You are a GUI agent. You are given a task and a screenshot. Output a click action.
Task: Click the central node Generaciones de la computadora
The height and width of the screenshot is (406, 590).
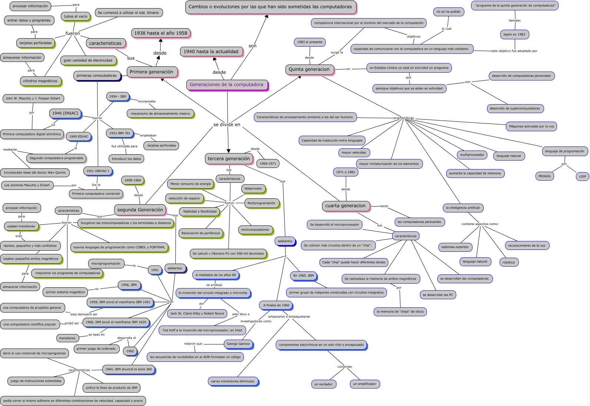[226, 85]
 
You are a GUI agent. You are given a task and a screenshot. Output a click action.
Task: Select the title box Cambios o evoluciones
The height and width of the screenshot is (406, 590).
[270, 7]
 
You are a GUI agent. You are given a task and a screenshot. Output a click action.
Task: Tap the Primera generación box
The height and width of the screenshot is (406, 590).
[151, 72]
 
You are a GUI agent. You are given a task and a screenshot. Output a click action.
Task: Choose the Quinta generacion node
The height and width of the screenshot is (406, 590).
[309, 69]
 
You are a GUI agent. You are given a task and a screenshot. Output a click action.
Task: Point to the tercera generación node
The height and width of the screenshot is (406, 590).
[229, 159]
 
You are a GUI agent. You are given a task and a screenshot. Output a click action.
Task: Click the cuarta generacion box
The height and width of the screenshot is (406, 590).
[345, 206]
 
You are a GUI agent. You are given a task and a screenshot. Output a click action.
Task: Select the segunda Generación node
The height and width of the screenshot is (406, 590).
[140, 210]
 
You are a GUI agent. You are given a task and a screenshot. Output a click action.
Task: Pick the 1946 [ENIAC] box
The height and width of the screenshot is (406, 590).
[65, 113]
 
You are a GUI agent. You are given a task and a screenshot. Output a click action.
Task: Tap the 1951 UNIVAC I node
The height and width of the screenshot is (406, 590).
[98, 171]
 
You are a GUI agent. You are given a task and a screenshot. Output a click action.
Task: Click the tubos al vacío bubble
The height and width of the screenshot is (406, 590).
[76, 16]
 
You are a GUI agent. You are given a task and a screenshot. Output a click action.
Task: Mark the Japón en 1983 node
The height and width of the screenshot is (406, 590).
[514, 34]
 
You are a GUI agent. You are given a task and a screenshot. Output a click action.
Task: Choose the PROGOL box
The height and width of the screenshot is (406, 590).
[544, 176]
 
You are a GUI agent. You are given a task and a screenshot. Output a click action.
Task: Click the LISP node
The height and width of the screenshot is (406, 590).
[582, 176]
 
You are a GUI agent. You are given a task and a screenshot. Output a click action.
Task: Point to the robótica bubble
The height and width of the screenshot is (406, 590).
[508, 263]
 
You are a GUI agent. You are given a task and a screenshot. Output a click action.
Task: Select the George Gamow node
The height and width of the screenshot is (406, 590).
[238, 344]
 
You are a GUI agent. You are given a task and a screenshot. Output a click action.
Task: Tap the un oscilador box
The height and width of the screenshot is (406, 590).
[323, 384]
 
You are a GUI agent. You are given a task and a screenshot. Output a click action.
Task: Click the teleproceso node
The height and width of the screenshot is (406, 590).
[253, 189]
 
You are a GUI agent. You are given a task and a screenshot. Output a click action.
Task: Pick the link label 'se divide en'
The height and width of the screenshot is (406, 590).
[227, 125]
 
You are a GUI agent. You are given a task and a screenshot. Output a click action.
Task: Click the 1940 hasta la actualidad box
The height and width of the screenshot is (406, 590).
[211, 52]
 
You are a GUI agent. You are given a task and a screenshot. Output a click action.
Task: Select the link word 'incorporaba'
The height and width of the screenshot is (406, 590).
[147, 101]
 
